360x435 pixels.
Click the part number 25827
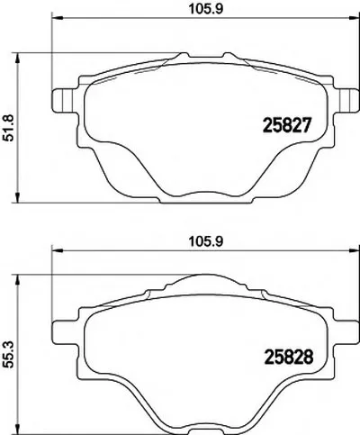285,125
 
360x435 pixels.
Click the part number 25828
288,357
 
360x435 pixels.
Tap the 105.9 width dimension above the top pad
206,9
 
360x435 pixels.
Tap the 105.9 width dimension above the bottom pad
206,241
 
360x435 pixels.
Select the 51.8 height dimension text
8,129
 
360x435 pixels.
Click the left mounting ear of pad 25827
61,101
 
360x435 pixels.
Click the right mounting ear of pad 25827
349,101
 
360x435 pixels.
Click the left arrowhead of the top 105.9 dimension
58,18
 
